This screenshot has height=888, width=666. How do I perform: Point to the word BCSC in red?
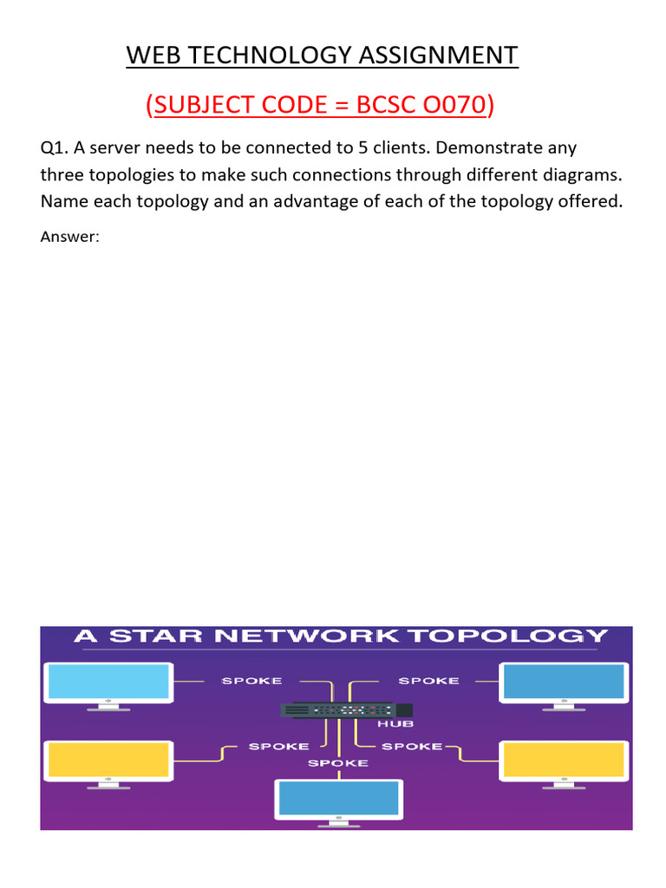pos(379,105)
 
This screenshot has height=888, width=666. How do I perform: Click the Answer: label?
pos(70,236)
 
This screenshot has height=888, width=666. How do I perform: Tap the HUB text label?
pos(402,724)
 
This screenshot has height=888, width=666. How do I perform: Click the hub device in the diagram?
pos(337,708)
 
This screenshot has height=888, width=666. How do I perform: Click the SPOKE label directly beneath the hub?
pos(338,763)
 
